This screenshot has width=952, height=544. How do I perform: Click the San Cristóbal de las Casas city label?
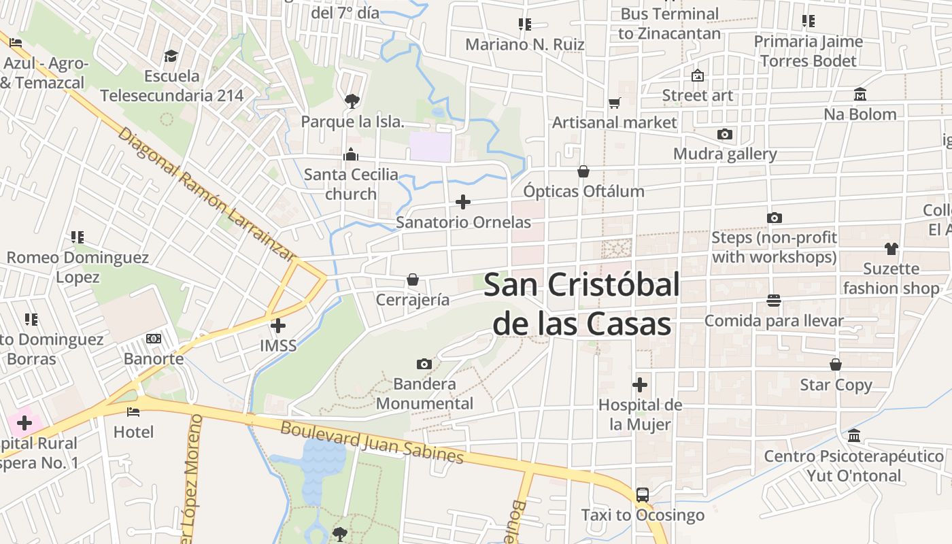[582, 304]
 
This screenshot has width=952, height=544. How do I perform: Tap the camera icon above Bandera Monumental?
[424, 364]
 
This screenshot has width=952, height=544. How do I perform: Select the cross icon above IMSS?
[278, 326]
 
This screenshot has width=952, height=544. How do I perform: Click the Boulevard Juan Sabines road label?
[372, 443]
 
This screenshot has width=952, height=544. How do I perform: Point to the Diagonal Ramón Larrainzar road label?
[207, 193]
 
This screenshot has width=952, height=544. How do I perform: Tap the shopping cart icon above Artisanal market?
[615, 103]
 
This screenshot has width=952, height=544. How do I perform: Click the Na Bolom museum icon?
[860, 94]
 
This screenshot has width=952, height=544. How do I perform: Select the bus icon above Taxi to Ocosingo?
[643, 495]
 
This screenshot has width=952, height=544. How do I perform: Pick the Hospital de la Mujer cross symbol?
[640, 385]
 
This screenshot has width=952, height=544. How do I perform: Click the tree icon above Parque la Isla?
[352, 101]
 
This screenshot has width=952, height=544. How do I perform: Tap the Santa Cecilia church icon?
[351, 154]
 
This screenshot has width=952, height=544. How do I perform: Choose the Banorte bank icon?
[154, 339]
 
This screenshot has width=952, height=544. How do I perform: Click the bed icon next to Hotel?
[133, 411]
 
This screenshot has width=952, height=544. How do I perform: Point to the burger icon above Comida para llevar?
[774, 300]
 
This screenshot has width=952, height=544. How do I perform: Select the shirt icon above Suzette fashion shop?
[891, 248]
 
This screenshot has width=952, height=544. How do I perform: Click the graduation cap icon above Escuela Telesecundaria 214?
[171, 55]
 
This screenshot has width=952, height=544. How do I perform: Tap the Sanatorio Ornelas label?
[463, 222]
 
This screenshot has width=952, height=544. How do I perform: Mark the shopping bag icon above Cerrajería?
[412, 279]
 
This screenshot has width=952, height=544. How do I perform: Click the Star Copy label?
[836, 385]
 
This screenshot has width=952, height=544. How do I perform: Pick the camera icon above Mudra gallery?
[725, 134]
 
